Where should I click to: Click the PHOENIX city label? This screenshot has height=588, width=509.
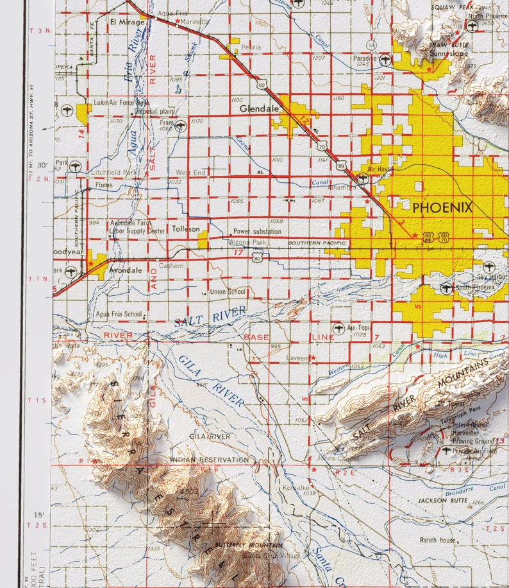[442, 208]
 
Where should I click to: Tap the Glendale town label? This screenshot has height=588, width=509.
[259, 109]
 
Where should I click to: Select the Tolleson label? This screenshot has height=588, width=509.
[185, 229]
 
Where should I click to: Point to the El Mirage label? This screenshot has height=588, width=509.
[124, 21]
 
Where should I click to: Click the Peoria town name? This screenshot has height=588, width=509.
[251, 48]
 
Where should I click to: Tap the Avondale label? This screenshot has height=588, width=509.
[126, 270]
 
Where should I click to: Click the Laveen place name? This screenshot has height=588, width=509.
[298, 358]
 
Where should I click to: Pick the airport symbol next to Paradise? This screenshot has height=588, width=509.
[385, 59]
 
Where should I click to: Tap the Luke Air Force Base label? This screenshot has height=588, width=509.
[121, 103]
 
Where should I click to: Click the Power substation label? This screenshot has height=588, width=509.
[258, 231]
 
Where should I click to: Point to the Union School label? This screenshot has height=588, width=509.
[228, 292]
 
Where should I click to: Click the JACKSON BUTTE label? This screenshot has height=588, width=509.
[441, 500]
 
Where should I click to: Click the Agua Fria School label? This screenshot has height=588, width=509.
[118, 314]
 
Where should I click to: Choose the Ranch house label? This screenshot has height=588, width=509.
[438, 540]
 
